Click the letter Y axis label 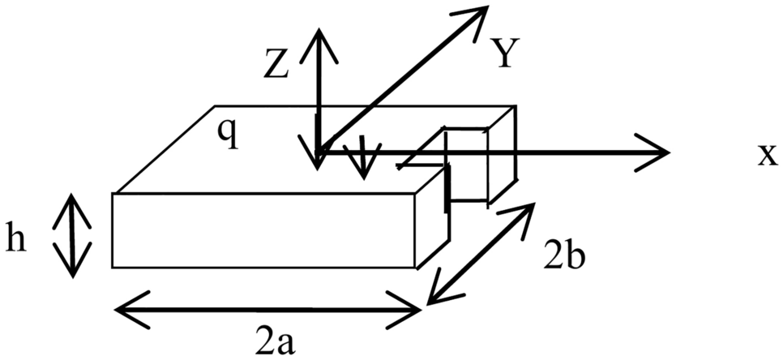point(506,54)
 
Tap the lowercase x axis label point(766,155)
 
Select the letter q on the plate point(230,135)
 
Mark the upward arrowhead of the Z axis point(319,36)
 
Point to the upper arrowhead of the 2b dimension point(528,210)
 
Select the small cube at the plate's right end point(478,162)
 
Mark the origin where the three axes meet point(319,152)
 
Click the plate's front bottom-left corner point(113,268)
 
